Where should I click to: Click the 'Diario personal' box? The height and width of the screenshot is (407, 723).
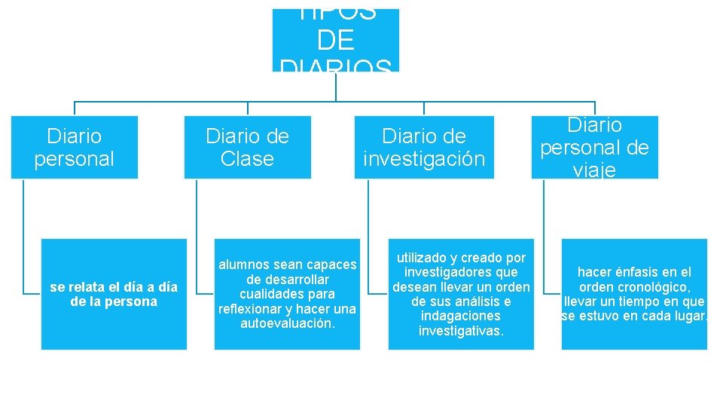[75, 147]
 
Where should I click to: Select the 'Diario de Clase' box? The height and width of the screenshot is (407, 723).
[247, 147]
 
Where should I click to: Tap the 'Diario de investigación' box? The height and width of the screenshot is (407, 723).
[424, 147]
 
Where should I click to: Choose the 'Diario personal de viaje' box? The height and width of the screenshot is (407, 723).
[594, 147]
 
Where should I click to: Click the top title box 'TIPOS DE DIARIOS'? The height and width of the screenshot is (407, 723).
[336, 40]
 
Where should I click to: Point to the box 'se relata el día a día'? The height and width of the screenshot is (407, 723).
[114, 294]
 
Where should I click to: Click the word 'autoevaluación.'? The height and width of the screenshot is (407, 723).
[287, 323]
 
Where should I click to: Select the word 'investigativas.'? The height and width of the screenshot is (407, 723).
[461, 331]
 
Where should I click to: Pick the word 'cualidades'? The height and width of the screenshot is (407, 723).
[260, 294]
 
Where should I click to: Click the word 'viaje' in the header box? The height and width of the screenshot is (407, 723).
[594, 170]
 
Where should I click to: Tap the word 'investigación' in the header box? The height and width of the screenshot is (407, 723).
[424, 159]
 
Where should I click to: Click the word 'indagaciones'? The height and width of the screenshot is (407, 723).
[461, 316]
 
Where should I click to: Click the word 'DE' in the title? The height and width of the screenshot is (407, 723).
[336, 40]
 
